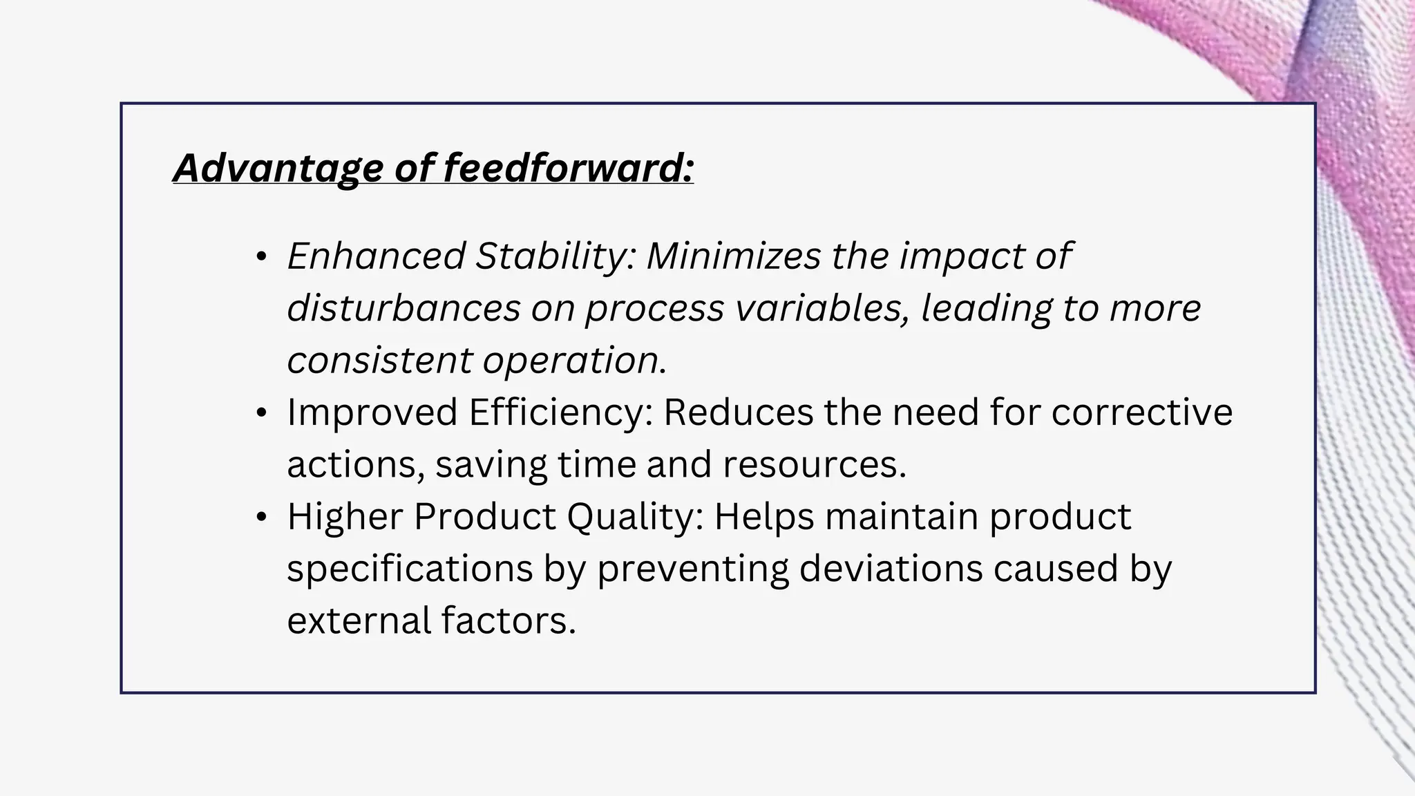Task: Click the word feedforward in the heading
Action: [x=567, y=168]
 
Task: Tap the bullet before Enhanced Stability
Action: [x=260, y=257]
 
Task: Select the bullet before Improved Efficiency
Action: [x=260, y=413]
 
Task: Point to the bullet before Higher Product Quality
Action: [x=260, y=518]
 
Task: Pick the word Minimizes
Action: [x=732, y=256]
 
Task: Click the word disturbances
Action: [x=403, y=308]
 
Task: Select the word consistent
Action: [x=379, y=360]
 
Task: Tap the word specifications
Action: [x=410, y=569]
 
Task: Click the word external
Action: [x=359, y=620]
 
